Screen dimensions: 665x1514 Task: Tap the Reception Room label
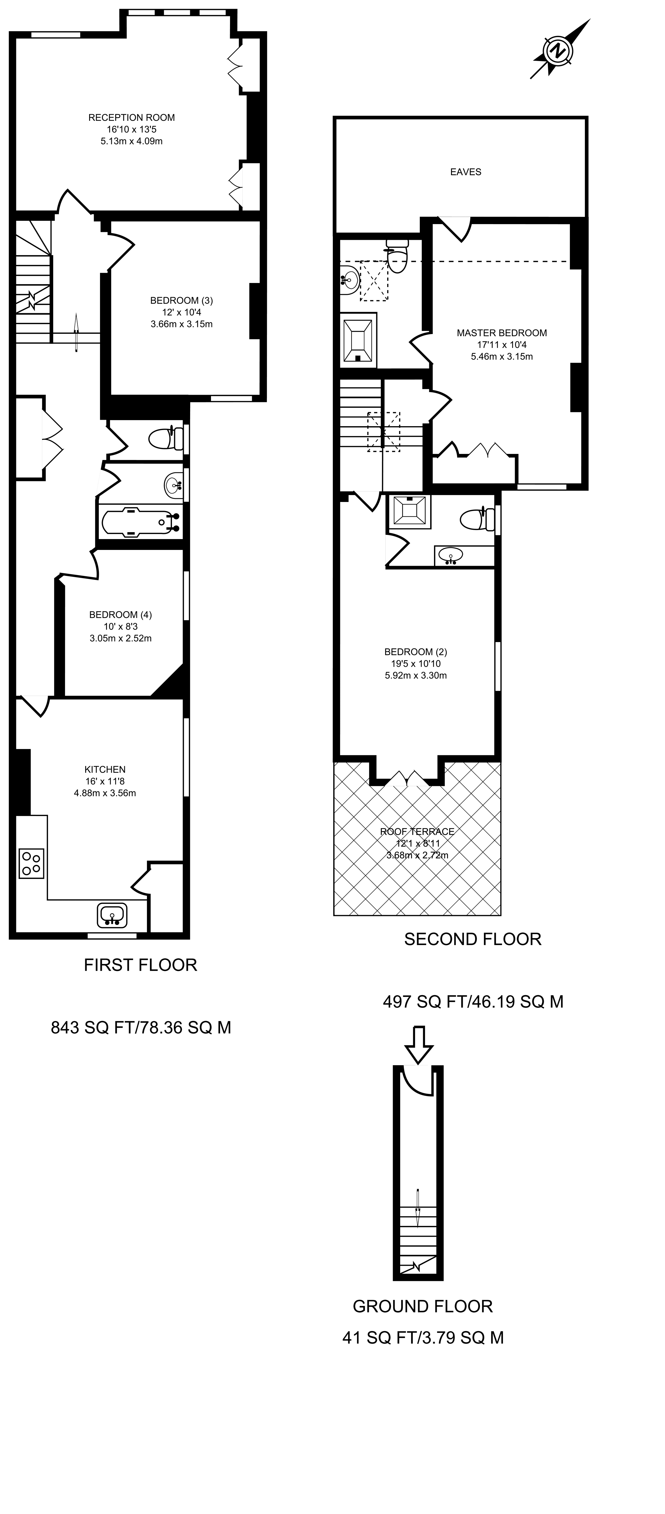click(132, 117)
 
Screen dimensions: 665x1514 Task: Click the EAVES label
click(466, 172)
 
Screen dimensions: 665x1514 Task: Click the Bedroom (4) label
click(121, 615)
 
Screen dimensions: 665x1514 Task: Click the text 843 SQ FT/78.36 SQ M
click(141, 1027)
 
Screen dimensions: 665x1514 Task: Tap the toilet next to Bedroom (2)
click(477, 519)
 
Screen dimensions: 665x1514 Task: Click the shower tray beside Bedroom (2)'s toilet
click(409, 510)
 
